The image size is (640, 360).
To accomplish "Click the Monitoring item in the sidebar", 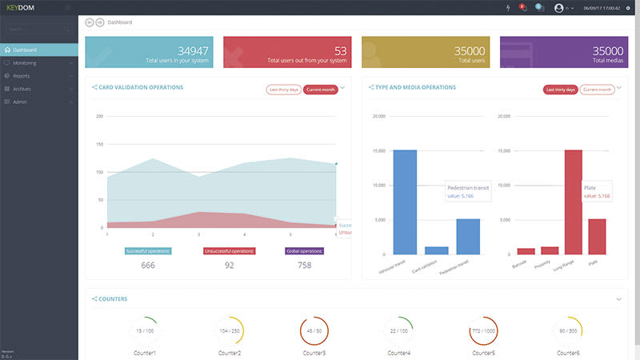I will point(26,62).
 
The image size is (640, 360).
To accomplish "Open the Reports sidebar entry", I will point(22,76).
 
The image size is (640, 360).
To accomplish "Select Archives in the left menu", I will point(22,89).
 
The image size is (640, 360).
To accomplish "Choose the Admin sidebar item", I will point(20,102).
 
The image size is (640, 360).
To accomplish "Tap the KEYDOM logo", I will point(22,8).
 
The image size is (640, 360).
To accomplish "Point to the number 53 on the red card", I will point(340,50).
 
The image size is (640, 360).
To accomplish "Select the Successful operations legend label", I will point(148,251).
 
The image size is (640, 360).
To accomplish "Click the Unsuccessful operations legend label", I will point(229,251).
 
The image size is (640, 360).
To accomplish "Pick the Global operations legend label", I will point(304,251).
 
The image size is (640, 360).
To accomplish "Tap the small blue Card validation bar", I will point(436,250).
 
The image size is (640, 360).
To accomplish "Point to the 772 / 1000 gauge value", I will point(482,330).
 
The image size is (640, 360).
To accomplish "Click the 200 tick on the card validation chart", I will point(100,117).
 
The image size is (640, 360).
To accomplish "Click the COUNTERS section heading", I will point(112,299).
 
